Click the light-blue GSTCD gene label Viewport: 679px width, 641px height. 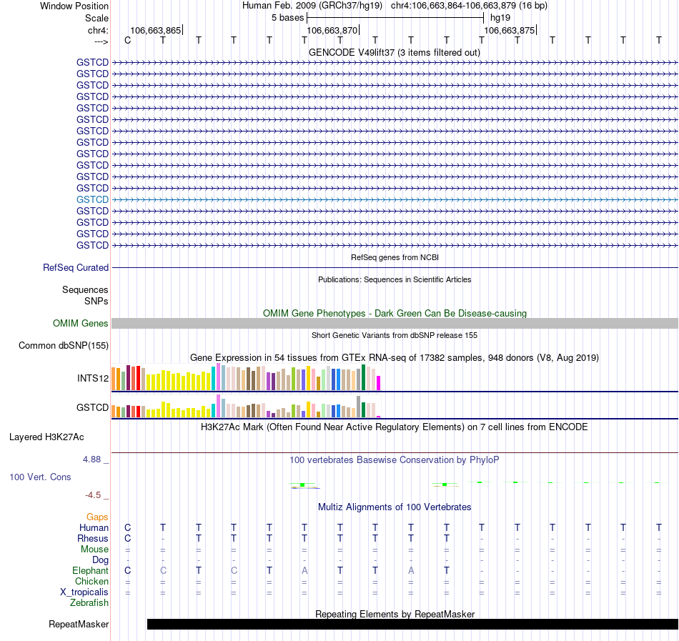[92, 199]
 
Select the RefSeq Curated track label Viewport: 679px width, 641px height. [76, 267]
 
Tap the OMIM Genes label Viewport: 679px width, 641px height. [81, 324]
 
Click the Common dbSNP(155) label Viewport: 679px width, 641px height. [63, 346]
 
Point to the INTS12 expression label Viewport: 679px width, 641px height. [93, 378]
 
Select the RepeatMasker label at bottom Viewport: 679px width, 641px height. [79, 625]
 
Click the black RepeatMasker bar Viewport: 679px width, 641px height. [412, 624]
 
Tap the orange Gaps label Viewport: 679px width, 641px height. [97, 517]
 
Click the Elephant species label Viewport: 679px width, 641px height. [90, 570]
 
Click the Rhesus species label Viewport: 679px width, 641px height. [93, 538]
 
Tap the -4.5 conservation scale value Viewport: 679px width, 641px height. [96, 495]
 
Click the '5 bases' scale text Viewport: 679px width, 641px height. [287, 17]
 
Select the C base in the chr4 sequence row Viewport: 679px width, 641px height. [128, 40]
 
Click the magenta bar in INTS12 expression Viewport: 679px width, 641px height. [378, 382]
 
